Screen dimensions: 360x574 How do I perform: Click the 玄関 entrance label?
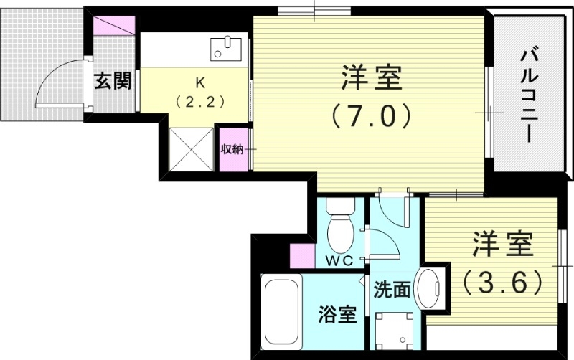tap(113, 81)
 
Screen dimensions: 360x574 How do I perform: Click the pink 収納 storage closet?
tap(232, 149)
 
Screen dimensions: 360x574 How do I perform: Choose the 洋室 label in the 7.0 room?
tap(371, 77)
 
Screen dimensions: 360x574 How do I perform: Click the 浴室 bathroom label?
tap(337, 314)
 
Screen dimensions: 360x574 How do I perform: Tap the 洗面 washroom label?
tap(392, 290)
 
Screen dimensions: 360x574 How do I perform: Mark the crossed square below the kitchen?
tap(192, 147)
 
